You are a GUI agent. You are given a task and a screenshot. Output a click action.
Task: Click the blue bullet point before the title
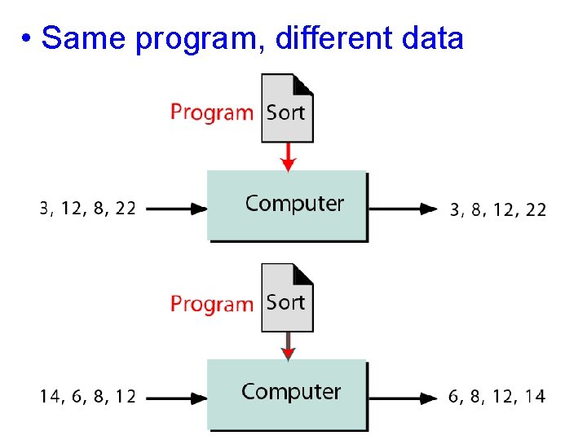coord(28,39)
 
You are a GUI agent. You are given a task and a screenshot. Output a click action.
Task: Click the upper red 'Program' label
coord(212,112)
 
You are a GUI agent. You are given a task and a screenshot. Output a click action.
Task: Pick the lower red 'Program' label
coord(212,304)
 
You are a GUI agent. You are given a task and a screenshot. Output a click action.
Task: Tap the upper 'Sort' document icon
coord(287,108)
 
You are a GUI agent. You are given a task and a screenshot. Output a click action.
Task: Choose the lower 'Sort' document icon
coord(287,298)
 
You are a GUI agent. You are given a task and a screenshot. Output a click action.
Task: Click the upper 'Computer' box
coord(287,205)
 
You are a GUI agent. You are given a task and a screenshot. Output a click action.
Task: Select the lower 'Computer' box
coord(287,394)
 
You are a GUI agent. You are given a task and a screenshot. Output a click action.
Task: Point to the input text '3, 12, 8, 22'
coord(88,209)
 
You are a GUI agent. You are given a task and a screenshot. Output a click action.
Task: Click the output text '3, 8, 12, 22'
coord(498,209)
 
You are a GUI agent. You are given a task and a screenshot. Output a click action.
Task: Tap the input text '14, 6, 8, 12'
coord(88,398)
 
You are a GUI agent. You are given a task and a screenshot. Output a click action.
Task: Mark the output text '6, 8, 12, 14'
coord(497,398)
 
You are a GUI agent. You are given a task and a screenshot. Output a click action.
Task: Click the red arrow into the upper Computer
coord(287,156)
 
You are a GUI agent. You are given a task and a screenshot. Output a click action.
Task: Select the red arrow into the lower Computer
coord(287,346)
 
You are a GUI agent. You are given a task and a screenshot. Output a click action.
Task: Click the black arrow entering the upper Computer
coord(176,209)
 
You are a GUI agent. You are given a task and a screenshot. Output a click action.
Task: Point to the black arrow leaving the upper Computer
coord(403,209)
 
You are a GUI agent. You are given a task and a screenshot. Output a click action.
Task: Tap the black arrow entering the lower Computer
coord(176,398)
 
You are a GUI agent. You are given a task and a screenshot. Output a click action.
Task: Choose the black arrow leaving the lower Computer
coord(403,398)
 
